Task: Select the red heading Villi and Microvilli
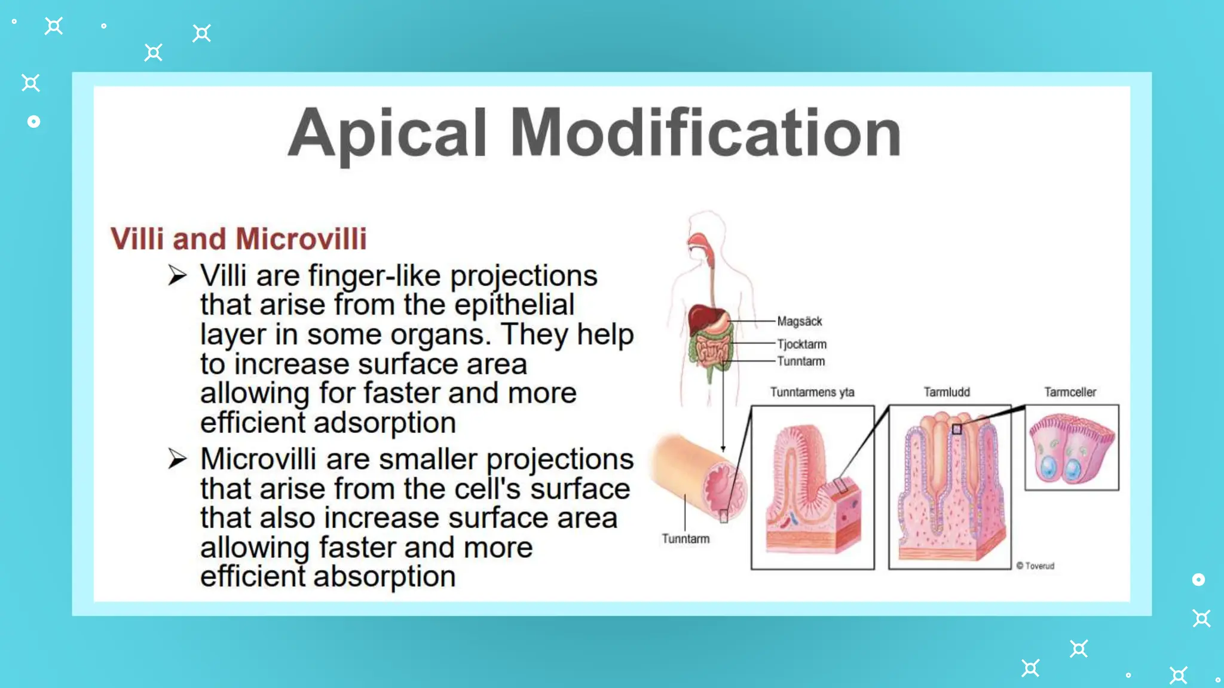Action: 238,239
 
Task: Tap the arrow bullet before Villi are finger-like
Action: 178,276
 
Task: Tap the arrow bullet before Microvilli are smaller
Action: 178,459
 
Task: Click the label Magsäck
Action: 799,321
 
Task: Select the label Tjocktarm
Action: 801,344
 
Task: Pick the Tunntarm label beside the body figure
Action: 801,361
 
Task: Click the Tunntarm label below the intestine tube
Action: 686,539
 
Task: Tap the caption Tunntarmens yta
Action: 812,392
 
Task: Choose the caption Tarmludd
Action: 947,392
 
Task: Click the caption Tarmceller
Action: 1070,392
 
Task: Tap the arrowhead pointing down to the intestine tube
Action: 723,449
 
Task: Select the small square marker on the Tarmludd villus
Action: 957,429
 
